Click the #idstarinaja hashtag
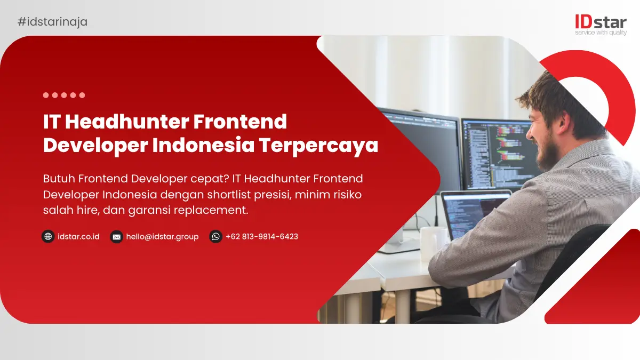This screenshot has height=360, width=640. (53, 22)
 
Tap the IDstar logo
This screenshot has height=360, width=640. (601, 25)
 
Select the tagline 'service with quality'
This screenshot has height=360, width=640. (601, 33)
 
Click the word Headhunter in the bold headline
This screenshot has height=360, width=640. (127, 122)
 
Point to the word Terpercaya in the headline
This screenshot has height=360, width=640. (318, 146)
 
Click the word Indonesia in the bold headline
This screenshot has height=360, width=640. (203, 145)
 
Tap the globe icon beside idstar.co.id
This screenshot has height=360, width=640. (48, 237)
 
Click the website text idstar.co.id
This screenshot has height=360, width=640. (78, 237)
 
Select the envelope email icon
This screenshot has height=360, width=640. (117, 237)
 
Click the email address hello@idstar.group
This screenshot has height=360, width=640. (162, 237)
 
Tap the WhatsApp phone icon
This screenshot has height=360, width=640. (215, 237)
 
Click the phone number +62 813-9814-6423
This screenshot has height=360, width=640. (262, 237)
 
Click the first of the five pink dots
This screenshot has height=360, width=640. (46, 95)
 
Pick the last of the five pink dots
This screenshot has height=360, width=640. (82, 95)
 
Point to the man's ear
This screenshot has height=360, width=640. (562, 122)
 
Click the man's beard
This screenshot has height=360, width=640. (547, 154)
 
